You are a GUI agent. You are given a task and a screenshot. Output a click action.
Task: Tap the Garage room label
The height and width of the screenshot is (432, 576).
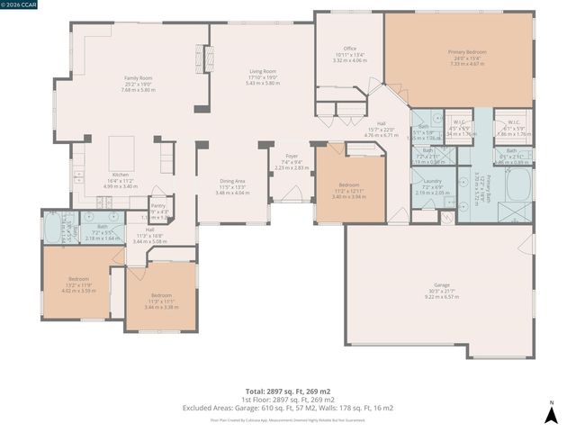pos(441,284)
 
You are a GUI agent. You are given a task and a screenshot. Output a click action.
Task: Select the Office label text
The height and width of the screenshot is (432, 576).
pos(350,48)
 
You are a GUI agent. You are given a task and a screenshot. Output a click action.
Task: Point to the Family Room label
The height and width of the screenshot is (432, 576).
pos(138,78)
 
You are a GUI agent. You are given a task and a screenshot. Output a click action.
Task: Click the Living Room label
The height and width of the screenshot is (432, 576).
pos(263,71)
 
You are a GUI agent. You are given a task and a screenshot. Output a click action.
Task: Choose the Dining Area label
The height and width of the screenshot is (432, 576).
pos(232,181)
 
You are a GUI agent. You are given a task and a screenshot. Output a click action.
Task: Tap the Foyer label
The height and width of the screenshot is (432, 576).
pos(291,156)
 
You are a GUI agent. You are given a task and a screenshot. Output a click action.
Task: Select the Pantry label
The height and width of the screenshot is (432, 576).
pos(157,206)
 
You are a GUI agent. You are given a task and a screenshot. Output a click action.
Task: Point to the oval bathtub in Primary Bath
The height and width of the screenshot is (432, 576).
pos(518,184)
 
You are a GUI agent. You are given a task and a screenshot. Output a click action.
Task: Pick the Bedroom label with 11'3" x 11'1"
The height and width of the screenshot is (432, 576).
pos(161,295)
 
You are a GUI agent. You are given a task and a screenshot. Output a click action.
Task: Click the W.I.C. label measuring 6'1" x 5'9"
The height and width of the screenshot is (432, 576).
pos(514,122)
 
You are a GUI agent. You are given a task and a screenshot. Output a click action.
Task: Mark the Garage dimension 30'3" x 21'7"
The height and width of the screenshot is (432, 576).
pos(441,291)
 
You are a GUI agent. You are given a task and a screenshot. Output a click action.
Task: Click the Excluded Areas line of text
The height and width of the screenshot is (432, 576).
pos(287,408)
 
